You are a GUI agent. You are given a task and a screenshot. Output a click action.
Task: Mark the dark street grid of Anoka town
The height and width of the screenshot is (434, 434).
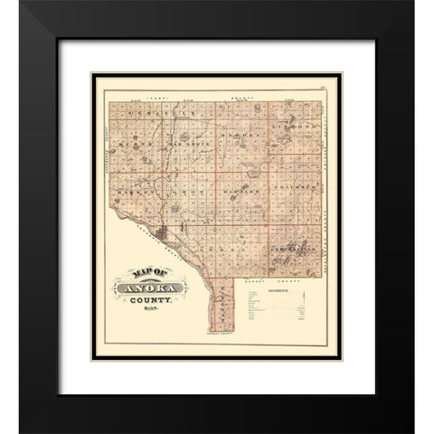point(163,238)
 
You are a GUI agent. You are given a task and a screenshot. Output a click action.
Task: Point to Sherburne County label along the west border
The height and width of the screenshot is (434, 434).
point(106,154)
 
